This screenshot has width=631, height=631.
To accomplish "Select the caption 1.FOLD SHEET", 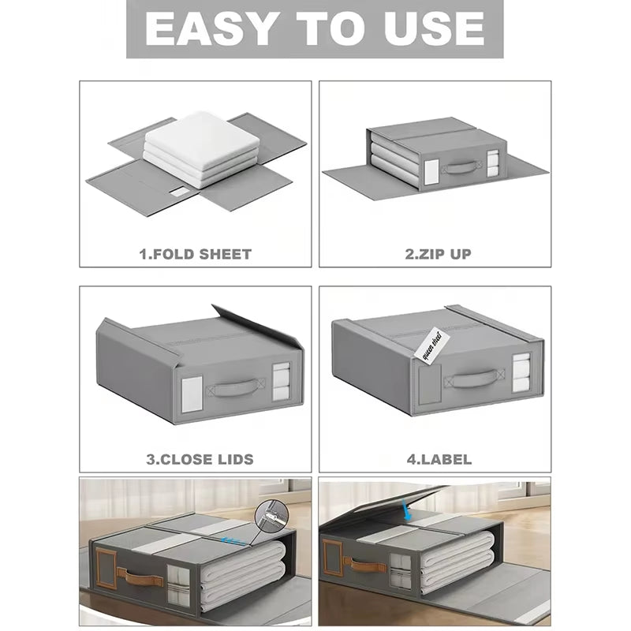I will click(196, 254).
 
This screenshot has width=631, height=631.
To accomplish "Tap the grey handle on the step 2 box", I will click(461, 167).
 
